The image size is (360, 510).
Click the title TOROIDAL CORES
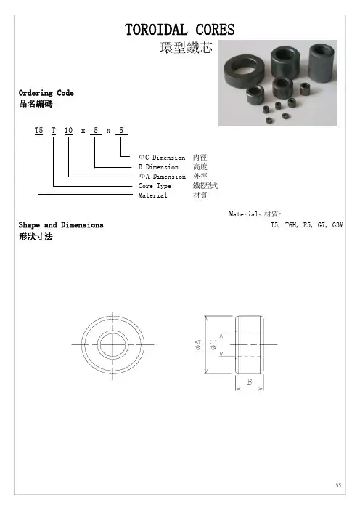click(180, 30)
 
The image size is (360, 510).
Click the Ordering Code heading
click(46, 93)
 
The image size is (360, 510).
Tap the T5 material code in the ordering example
click(38, 131)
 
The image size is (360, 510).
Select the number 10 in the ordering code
click(68, 131)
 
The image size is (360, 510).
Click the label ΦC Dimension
click(162, 158)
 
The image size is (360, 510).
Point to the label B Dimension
click(158, 167)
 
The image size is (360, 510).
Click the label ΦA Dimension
click(163, 177)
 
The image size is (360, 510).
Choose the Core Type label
click(155, 186)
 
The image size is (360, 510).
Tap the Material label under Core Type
click(152, 195)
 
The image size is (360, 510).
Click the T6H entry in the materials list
click(292, 225)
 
